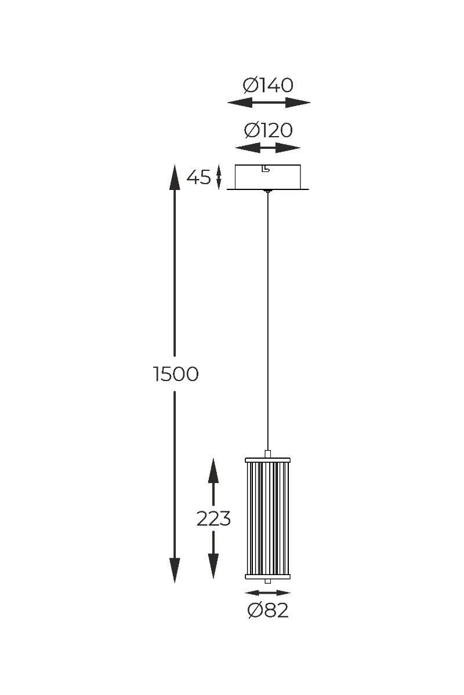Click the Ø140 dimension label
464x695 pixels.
(267, 85)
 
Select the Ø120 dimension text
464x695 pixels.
(268, 130)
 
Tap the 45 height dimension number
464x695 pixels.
(198, 177)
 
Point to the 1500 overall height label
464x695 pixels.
(176, 374)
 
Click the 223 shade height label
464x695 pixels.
(213, 518)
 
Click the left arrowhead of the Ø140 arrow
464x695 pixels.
(240, 103)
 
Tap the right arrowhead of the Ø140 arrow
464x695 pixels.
(298, 103)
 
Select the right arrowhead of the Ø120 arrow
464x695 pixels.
(288, 148)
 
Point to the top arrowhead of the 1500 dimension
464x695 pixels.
(175, 177)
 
